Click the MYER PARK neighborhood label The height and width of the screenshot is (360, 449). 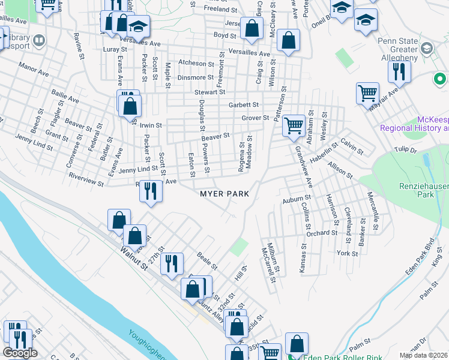pyautogui.click(x=224, y=194)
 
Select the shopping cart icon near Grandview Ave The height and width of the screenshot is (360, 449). pyautogui.click(x=293, y=126)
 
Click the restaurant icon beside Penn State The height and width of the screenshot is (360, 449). pyautogui.click(x=399, y=72)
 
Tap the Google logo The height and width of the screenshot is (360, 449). pyautogui.click(x=20, y=353)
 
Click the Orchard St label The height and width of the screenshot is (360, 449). pyautogui.click(x=322, y=233)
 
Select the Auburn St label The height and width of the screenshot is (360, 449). pyautogui.click(x=297, y=197)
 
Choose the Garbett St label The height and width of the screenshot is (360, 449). pyautogui.click(x=243, y=104)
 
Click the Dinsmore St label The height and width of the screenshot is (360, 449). pyautogui.click(x=196, y=77)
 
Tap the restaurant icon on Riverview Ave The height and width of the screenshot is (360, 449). pyautogui.click(x=151, y=191)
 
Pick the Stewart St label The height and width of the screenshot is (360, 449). pyautogui.click(x=209, y=92)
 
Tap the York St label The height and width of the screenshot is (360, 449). pyautogui.click(x=348, y=254)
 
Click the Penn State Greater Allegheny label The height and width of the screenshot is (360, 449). pyautogui.click(x=397, y=49)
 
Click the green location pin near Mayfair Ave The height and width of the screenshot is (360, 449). pyautogui.click(x=439, y=79)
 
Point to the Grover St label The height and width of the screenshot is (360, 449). pyautogui.click(x=255, y=118)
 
